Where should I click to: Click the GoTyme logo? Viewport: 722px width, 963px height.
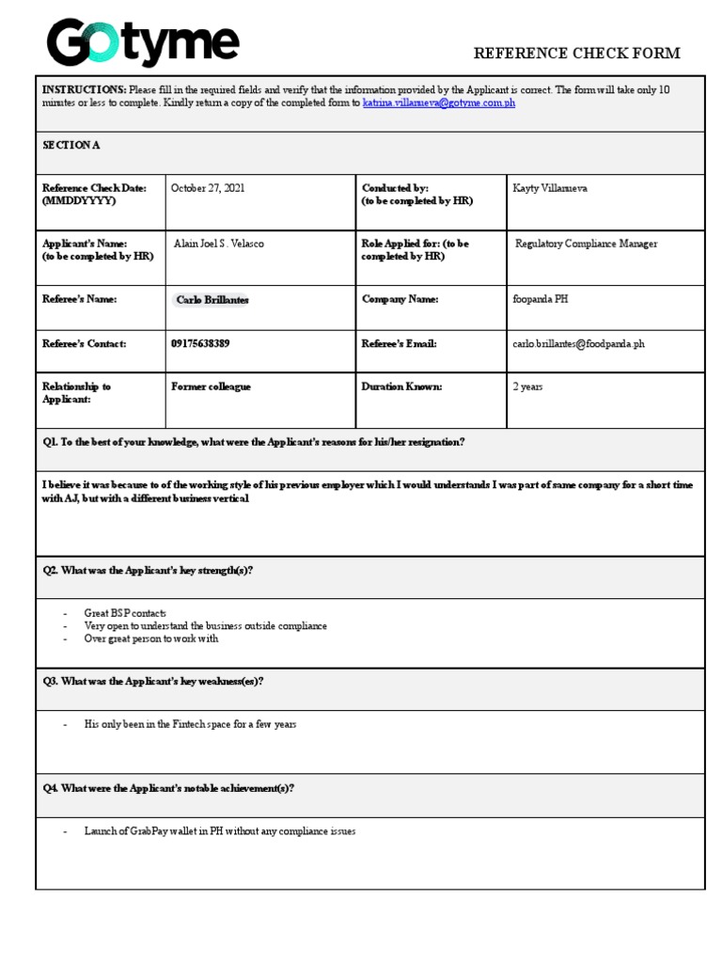[x=143, y=44]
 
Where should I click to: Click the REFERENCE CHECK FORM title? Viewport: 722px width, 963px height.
[x=576, y=54]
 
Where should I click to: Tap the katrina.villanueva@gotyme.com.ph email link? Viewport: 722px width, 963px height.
[x=438, y=103]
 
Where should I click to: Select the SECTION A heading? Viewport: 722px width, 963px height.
[x=71, y=146]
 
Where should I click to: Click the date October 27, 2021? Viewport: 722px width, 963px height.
[x=208, y=188]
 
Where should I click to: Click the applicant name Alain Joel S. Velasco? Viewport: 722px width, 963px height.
[x=219, y=244]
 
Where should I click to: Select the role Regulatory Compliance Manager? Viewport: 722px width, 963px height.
[x=586, y=244]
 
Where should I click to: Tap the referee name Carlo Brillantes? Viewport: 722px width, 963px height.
[x=212, y=300]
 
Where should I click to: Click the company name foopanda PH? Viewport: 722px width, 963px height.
[x=540, y=299]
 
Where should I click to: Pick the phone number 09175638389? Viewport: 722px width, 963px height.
[x=200, y=344]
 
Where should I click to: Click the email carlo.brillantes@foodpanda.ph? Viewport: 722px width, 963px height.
[x=578, y=344]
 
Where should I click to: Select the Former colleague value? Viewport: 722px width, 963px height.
[x=211, y=387]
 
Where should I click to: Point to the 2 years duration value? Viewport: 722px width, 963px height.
[x=526, y=387]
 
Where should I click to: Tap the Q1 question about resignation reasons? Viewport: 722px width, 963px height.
[x=254, y=442]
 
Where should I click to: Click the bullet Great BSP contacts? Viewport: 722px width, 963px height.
[x=125, y=613]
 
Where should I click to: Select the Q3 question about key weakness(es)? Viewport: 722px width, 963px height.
[x=153, y=681]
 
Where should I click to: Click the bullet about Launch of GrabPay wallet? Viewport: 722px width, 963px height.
[x=219, y=831]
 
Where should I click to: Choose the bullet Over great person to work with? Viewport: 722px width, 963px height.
[x=150, y=639]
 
